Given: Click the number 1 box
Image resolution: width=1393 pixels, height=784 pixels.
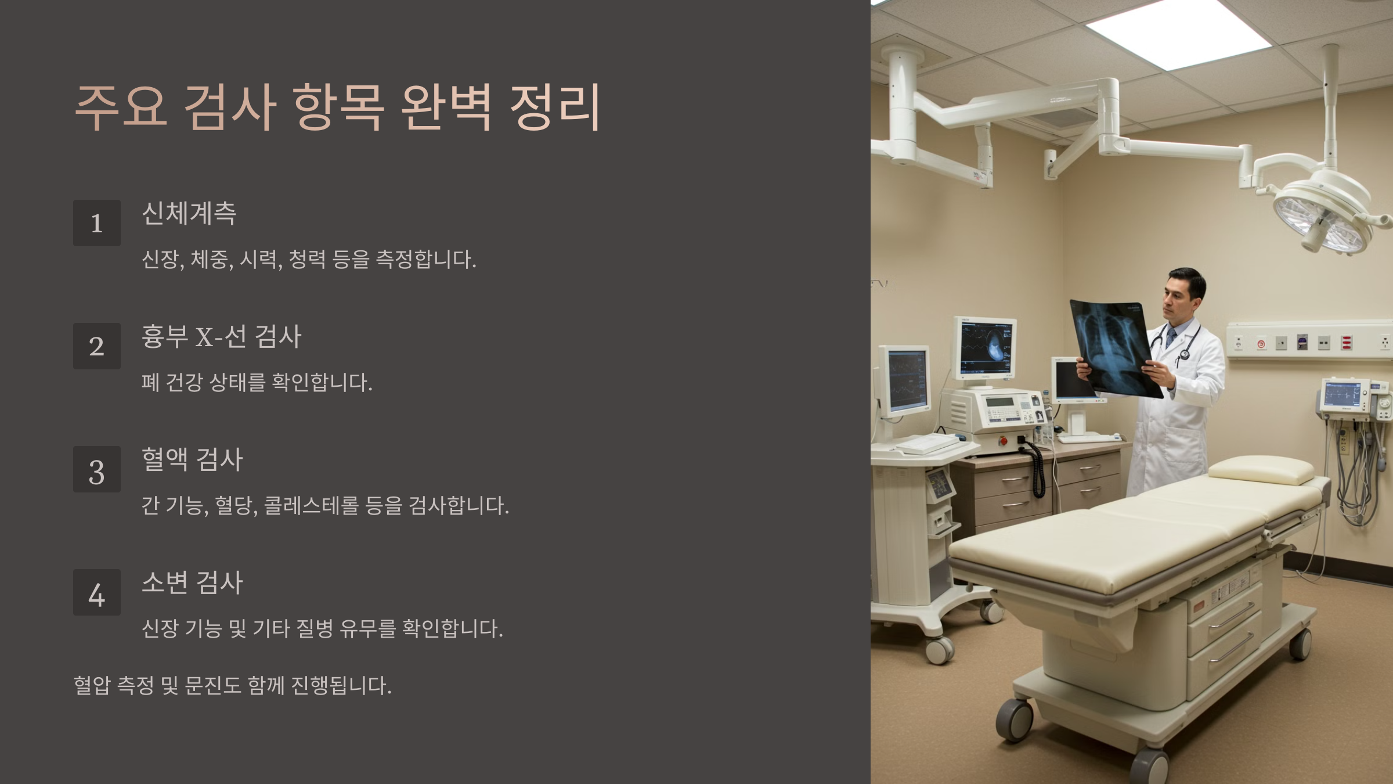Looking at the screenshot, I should pos(96,223).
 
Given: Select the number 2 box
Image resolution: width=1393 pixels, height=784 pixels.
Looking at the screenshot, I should pos(96,346).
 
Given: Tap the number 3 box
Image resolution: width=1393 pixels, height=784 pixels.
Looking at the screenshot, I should pos(96,469).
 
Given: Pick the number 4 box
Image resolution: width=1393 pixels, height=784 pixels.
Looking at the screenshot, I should pos(96,592).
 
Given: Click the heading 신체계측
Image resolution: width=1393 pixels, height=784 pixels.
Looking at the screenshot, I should pos(189,213).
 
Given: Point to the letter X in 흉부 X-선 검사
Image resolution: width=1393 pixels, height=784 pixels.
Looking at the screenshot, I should pos(204,337).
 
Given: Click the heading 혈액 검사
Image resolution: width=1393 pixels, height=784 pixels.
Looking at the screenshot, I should pos(192,459).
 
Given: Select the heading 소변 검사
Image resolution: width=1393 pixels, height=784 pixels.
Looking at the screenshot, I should pos(192,582).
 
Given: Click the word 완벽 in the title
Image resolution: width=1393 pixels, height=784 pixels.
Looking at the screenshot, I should pos(446,107).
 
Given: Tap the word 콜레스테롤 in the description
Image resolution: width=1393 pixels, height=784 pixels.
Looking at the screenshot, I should pos(311,505).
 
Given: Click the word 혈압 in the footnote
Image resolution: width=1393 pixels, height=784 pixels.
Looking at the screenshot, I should pos(92,686).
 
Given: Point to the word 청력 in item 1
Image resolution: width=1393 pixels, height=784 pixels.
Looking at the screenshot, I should pos(307,259).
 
